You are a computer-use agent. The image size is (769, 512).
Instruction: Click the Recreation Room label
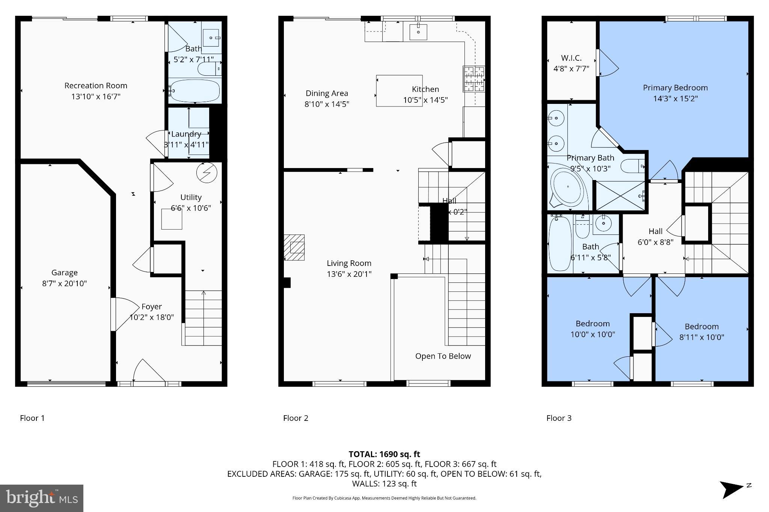coord(96,86)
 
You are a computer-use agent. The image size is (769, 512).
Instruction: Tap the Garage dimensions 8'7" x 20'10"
coord(64,284)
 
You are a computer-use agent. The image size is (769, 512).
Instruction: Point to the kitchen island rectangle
coord(399,91)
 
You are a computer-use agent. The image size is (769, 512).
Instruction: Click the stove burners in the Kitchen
coord(473,79)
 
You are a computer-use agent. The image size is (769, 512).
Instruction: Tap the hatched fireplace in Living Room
coord(294,248)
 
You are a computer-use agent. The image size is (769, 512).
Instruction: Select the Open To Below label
coord(443,356)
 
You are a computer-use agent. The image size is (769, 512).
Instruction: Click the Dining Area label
coord(327,93)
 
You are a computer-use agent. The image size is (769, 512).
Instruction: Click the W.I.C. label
coord(571,58)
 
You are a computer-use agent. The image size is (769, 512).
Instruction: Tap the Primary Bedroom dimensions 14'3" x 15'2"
coord(675,99)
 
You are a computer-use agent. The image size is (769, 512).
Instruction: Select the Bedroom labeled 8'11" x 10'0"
coord(701,332)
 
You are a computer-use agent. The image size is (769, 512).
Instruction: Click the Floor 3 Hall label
coord(655,231)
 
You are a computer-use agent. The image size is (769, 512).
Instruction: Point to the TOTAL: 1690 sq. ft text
coord(384,454)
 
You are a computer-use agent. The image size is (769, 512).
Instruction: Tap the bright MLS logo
coord(42,498)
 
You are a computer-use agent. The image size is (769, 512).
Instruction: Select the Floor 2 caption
coord(296,418)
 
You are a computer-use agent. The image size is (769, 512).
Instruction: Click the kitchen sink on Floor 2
coord(418,32)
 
